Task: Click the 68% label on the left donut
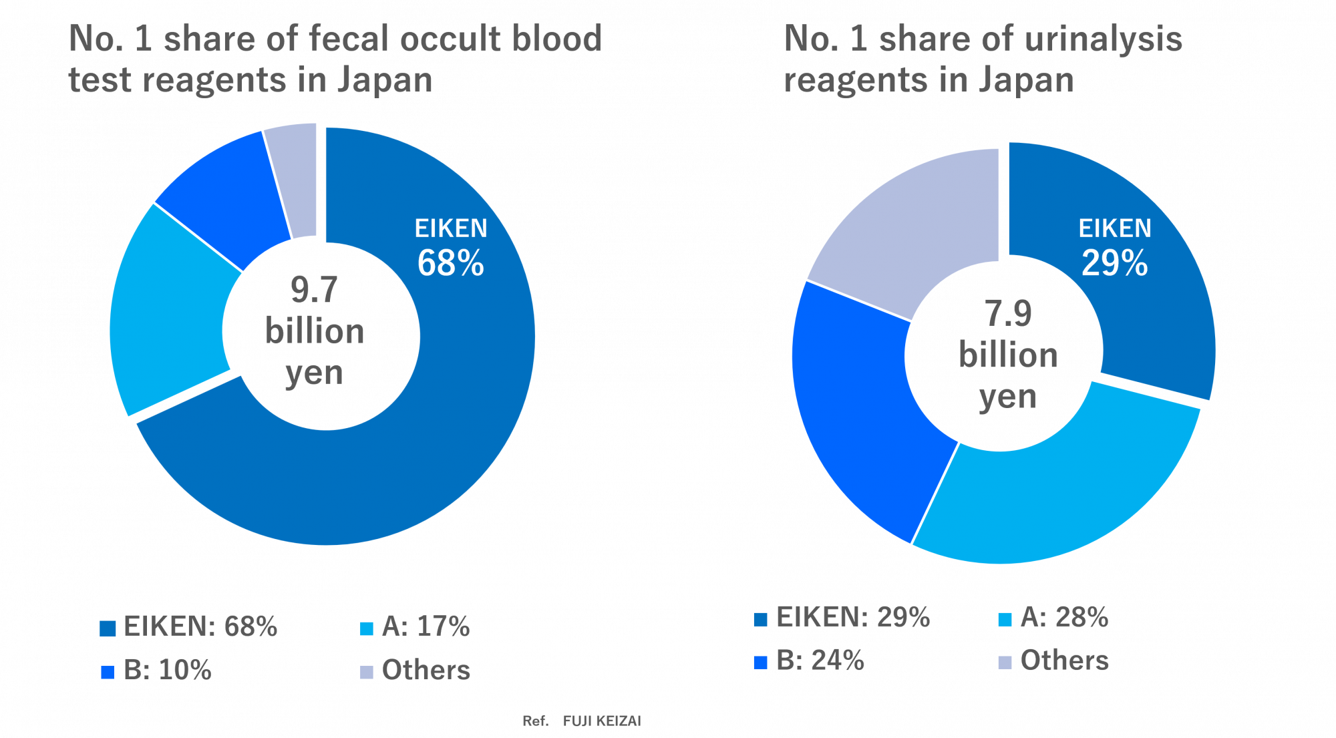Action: coord(450,263)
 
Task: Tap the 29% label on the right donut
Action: coord(1114,263)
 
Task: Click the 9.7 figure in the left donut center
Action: coord(314,290)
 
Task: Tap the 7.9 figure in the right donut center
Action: coord(1008,313)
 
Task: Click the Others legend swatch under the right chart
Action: coord(1005,663)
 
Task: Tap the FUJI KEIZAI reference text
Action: coord(601,721)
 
